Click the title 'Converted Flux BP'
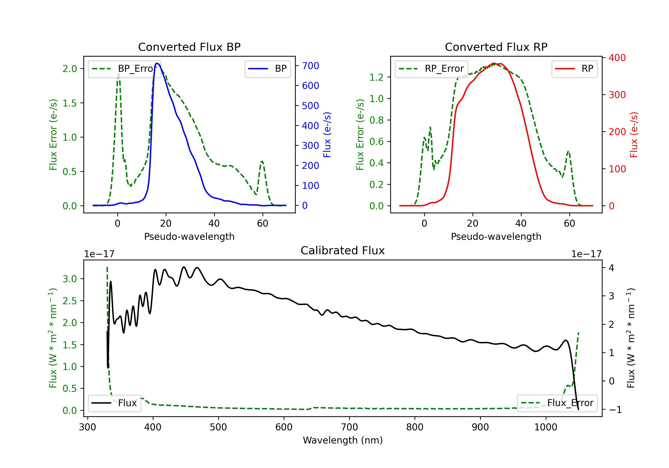[189, 47]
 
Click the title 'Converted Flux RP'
[496, 47]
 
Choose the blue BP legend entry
[267, 69]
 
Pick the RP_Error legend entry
[431, 69]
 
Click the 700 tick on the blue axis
[310, 66]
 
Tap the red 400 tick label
[617, 58]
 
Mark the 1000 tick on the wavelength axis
[545, 427]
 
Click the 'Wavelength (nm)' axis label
[343, 440]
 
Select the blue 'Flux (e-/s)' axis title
[327, 135]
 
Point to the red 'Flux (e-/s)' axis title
[634, 135]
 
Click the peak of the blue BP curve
[157, 63]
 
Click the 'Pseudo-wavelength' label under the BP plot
[189, 236]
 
